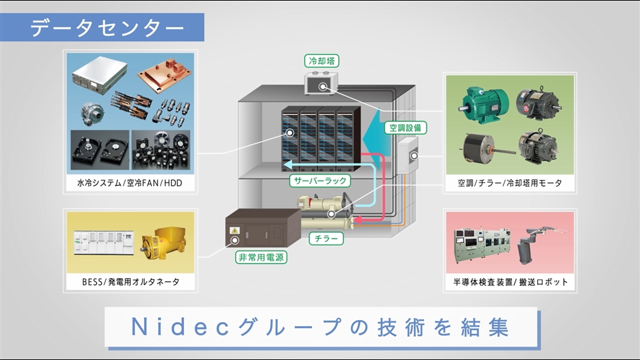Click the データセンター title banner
click(107, 28)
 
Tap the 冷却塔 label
click(321, 61)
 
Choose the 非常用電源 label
click(261, 257)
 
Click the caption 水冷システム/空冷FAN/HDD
click(129, 183)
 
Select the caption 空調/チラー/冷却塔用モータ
click(510, 183)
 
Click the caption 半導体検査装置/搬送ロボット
click(510, 281)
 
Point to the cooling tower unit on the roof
click(321, 85)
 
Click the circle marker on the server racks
click(291, 133)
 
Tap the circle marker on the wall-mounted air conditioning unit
click(414, 156)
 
